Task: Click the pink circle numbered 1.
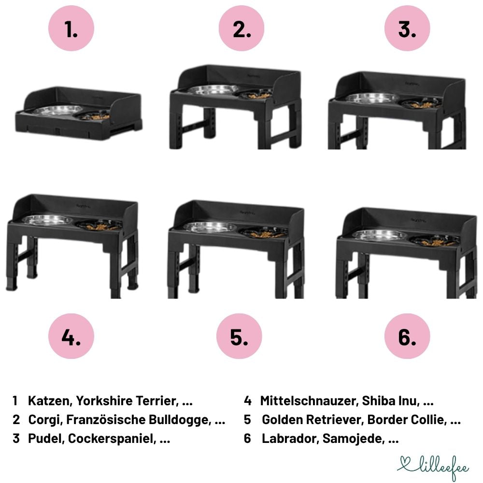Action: pos(71,28)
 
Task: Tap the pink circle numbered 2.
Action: pos(241,28)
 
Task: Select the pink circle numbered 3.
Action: pos(407,28)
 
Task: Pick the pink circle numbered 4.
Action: pos(71,336)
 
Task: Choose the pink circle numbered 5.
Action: pos(239,336)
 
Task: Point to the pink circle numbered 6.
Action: pos(407,336)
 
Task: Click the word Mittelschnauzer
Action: pos(309,401)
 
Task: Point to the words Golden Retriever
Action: pos(313,420)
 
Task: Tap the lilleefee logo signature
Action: pos(433,467)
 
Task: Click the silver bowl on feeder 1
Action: pos(58,110)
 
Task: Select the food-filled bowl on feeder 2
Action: pos(256,94)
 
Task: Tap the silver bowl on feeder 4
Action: pos(48,220)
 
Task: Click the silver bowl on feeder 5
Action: pos(211,227)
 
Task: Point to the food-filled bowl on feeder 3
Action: pos(421,103)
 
